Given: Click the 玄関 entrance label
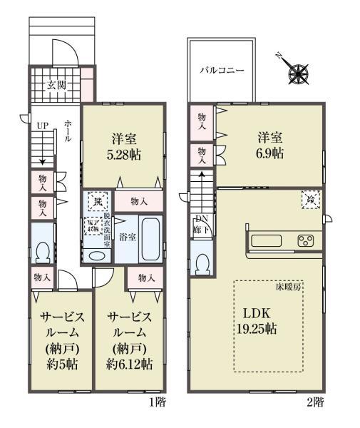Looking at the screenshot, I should pos(58,85).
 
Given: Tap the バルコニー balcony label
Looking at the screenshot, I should pos(222,71).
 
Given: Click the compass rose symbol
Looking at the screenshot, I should pos(297,72).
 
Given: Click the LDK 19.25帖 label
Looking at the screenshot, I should pos(259,322).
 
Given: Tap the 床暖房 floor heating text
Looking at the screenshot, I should pos(289,287).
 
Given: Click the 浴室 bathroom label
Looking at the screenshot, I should pos(128,236).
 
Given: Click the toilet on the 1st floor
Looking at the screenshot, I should pos(42,250).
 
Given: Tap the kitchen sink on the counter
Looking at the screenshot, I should pos(266,240).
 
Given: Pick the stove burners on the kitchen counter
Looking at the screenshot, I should pos(307,240).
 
